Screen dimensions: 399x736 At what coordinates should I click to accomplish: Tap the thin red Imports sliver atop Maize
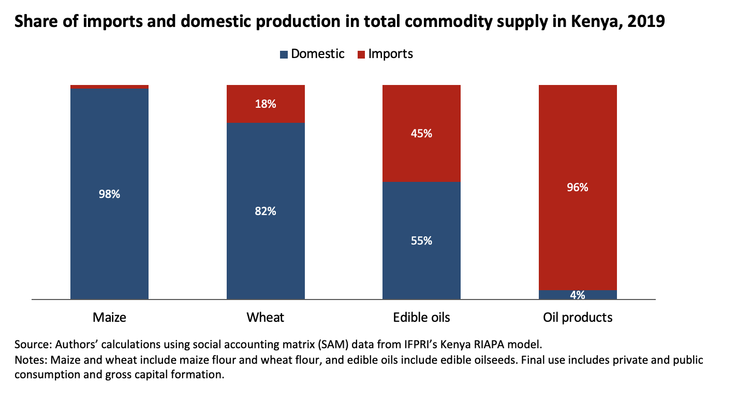109,87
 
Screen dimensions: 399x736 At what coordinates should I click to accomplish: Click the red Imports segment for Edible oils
421,155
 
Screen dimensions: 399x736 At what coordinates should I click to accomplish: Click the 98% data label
109,194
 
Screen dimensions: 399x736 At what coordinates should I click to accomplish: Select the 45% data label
421,133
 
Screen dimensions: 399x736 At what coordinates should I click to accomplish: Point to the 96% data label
578,187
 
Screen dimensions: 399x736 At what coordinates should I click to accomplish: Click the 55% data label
421,240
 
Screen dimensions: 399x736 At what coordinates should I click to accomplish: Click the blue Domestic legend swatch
284,54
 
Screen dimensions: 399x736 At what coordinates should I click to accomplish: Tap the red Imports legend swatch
361,54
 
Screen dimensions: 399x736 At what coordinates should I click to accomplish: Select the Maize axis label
109,317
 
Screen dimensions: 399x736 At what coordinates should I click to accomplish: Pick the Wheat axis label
266,317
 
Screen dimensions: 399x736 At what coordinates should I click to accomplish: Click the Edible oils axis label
421,317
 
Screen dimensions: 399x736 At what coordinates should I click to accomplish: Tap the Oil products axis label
578,317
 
